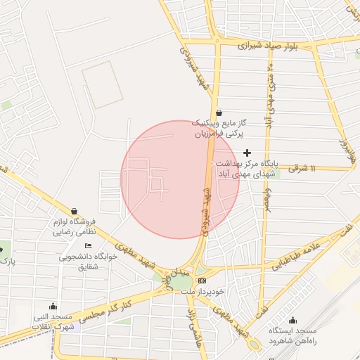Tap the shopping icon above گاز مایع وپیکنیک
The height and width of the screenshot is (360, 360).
click(219, 112)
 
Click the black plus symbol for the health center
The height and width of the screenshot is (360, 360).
click(247, 153)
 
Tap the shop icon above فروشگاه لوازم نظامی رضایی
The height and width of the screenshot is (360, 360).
click(74, 211)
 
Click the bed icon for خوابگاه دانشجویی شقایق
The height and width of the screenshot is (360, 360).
click(88, 245)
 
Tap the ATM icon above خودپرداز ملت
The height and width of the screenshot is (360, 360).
click(202, 280)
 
